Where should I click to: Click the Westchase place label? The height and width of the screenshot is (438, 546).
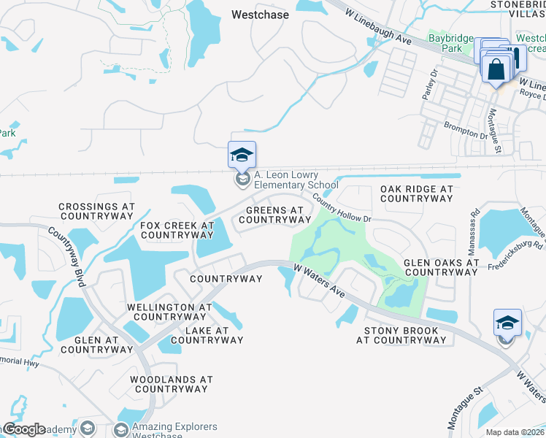pos(260,15)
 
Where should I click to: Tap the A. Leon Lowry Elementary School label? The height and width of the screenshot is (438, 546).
pos(296,180)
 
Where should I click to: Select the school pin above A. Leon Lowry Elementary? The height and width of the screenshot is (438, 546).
pos(242,155)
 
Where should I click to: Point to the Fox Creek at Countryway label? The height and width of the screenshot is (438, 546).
pos(177,231)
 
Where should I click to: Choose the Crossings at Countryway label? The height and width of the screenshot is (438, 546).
pos(96,212)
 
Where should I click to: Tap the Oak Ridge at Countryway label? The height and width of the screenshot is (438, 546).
pos(417,193)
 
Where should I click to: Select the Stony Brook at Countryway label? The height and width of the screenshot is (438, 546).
pos(401,336)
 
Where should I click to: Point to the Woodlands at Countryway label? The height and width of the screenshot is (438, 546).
pos(171,384)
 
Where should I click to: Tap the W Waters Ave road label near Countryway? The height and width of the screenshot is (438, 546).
pos(319,280)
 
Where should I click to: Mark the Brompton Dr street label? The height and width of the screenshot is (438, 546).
pos(465,130)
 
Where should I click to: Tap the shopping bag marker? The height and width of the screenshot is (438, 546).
pos(496,69)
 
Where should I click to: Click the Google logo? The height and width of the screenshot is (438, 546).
pos(23,429)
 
